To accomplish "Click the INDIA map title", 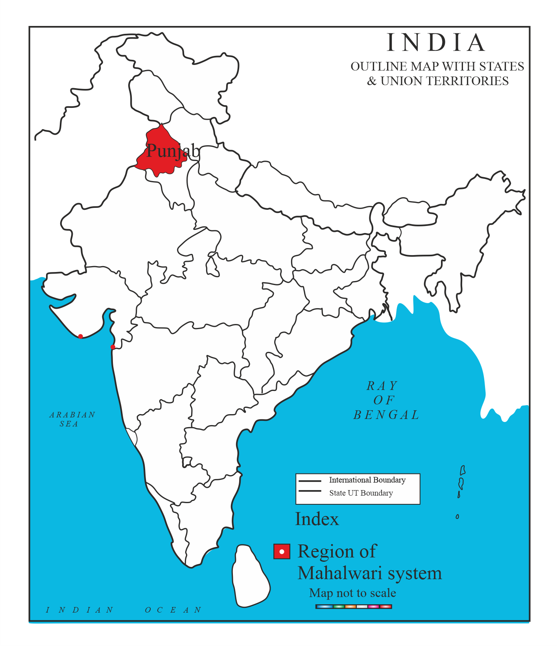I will pos(436,43).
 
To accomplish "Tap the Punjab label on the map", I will pos(173,150).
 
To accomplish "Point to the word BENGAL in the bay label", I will pos(386,415).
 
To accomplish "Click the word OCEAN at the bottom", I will pos(173,610).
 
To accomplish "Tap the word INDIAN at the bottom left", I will pos(80,610).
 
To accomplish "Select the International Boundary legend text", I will pos(367,480).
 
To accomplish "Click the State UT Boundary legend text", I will pos(361,493).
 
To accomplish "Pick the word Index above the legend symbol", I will pos(317,519).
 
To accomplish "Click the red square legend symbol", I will pos(282,552).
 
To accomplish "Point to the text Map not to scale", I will pos(352,593).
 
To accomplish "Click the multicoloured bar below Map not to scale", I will pos(354,607).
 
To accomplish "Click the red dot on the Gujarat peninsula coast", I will pos(81,336).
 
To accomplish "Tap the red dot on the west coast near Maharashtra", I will pos(113,347).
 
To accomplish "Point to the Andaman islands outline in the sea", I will pos(461,480).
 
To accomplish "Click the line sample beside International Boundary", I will pos(310,481).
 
